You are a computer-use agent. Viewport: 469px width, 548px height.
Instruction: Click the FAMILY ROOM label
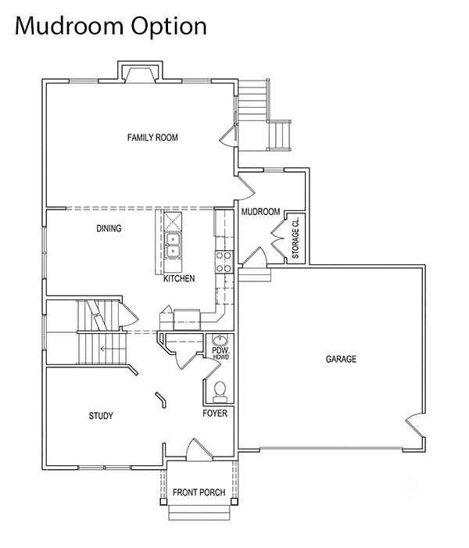click(152, 138)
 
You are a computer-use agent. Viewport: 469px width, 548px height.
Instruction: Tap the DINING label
click(109, 228)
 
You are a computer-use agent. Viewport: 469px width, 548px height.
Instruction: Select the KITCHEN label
click(179, 278)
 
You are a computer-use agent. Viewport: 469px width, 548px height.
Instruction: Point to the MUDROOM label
click(261, 211)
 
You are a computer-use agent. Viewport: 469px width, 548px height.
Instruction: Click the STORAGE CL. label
click(295, 238)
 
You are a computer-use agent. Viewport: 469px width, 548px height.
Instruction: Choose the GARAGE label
click(341, 359)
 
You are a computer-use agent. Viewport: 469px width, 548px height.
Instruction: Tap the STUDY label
click(101, 416)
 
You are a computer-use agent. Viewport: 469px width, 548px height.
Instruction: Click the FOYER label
click(215, 413)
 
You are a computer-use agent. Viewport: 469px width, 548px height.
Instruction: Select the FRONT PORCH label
click(199, 492)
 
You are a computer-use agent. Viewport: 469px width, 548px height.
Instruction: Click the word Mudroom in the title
click(70, 26)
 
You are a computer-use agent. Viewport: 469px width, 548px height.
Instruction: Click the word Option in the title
click(169, 27)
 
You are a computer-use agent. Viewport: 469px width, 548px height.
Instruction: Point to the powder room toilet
click(220, 391)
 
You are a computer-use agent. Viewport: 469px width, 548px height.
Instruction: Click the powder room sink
click(220, 340)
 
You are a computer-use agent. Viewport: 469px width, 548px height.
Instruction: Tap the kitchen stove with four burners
click(224, 262)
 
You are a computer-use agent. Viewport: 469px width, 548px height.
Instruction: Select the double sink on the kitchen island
click(173, 245)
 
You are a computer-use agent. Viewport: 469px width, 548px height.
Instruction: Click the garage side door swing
click(415, 425)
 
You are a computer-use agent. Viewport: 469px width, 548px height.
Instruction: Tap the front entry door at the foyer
click(199, 450)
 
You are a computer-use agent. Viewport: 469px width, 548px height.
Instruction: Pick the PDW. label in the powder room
click(220, 350)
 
